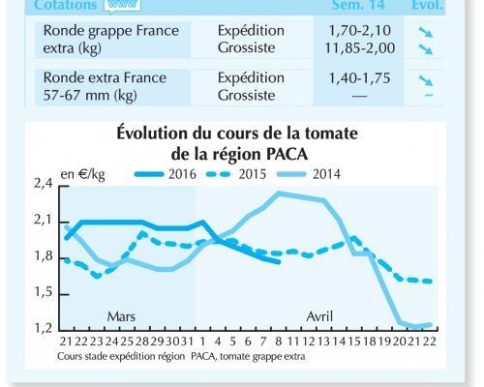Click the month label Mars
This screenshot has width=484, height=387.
[x=121, y=316]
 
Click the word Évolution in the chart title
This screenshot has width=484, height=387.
[x=160, y=134]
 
